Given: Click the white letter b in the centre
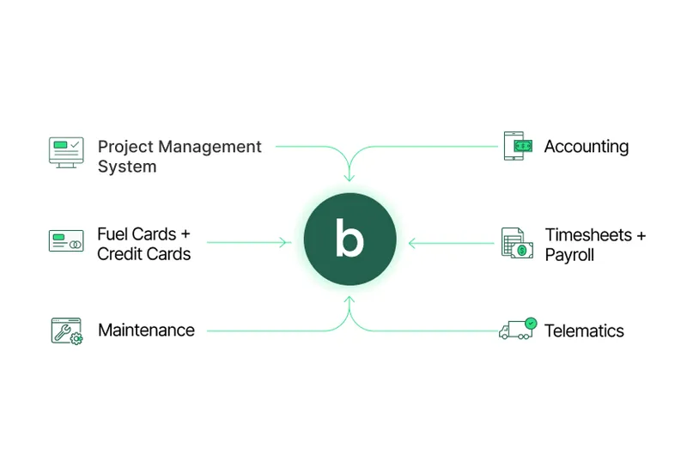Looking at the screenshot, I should click(x=350, y=241).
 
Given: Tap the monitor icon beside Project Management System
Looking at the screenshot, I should click(x=66, y=152).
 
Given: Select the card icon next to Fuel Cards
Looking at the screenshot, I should click(x=66, y=241).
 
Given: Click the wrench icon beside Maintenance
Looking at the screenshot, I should click(x=66, y=331).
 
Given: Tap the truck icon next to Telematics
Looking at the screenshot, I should click(x=517, y=330).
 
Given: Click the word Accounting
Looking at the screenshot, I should click(x=587, y=147).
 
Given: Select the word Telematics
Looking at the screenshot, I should click(x=584, y=331).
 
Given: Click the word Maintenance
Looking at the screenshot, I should click(x=146, y=331).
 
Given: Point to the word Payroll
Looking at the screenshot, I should click(x=569, y=255).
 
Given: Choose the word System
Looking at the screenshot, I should click(x=127, y=167).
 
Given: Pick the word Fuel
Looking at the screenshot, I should click(x=113, y=234).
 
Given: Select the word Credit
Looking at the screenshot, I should click(x=119, y=254).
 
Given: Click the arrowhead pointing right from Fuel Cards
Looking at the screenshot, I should click(x=286, y=243).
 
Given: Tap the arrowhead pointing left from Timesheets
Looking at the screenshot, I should click(x=411, y=243).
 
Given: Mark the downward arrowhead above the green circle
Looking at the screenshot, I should click(x=350, y=178).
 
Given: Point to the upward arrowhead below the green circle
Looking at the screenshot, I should click(x=350, y=301).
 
